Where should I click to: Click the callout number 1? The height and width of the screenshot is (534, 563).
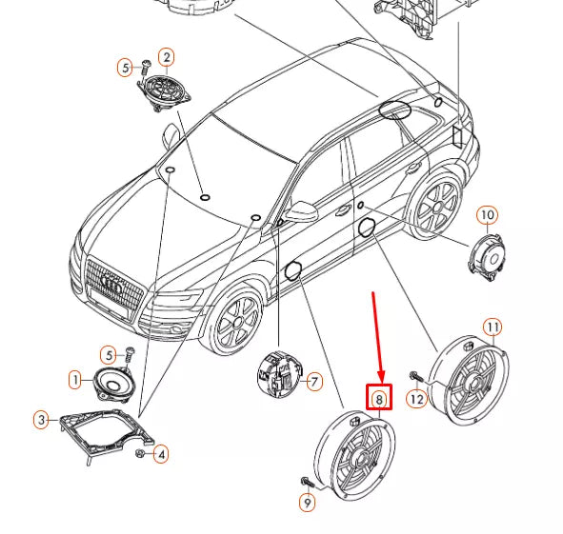(75, 380)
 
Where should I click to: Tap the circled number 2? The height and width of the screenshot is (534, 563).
(167, 57)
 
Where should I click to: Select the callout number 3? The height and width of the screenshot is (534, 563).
(42, 420)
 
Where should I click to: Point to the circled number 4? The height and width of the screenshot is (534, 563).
(161, 454)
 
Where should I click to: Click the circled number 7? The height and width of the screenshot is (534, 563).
(314, 382)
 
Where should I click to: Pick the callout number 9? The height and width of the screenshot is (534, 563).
(308, 503)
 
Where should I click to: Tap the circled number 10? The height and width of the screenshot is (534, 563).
(487, 215)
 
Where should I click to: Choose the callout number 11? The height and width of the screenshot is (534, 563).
(493, 326)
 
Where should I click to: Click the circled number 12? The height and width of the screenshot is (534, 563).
(417, 399)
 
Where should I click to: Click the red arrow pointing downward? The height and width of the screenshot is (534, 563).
(377, 337)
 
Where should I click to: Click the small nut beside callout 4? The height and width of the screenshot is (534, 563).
(140, 453)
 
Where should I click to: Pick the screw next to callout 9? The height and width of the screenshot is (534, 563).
(308, 482)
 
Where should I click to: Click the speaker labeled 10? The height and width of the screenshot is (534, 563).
(487, 257)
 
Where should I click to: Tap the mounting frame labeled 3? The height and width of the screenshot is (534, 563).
(107, 433)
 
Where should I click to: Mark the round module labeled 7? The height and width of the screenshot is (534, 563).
(280, 375)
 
